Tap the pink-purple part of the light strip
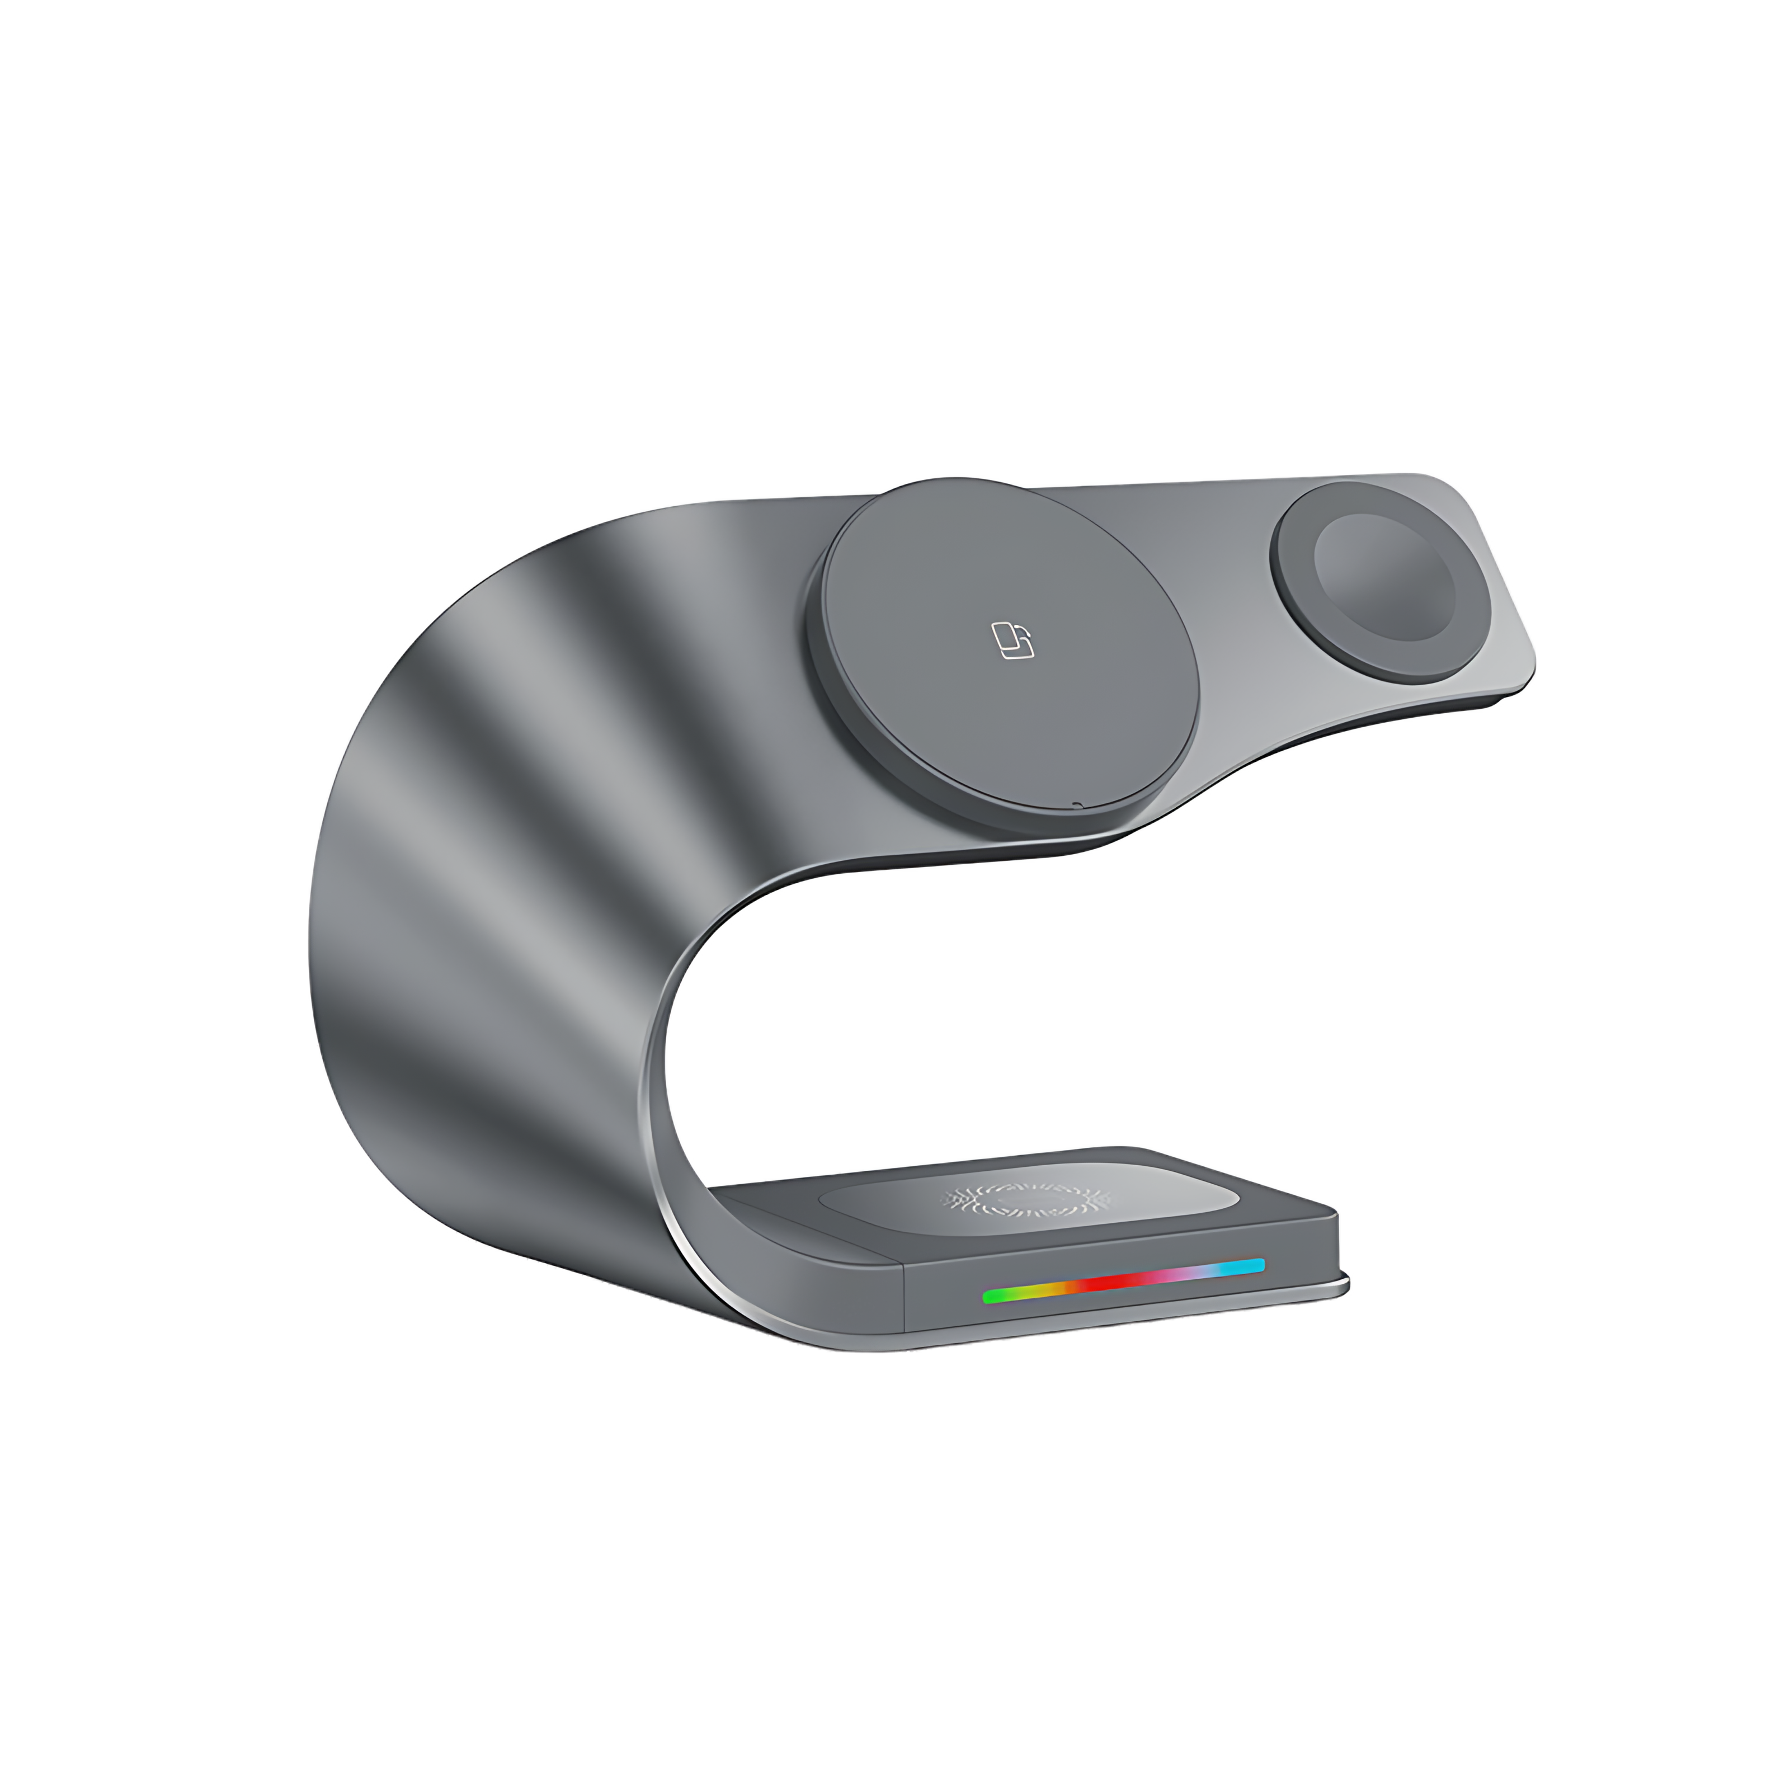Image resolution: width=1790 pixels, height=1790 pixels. click(x=1186, y=1274)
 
